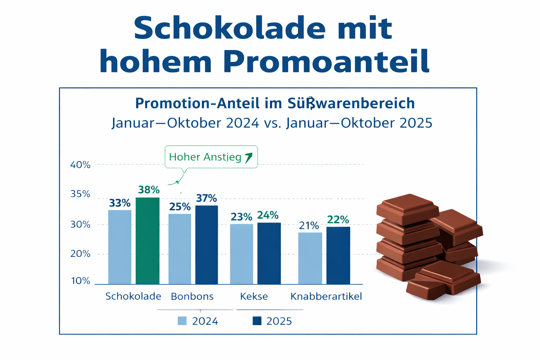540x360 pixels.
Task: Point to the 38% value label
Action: (x=149, y=190)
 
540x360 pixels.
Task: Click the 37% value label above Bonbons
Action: (x=206, y=198)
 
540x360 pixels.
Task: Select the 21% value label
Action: (x=309, y=226)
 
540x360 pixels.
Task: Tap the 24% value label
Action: (x=268, y=215)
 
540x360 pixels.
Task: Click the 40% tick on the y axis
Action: (x=81, y=165)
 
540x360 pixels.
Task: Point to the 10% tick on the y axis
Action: (x=81, y=281)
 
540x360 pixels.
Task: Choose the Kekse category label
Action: (x=254, y=296)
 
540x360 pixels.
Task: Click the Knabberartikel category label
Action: (x=326, y=296)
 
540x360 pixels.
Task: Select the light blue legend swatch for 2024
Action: (x=182, y=321)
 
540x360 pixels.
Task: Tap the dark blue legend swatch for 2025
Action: (x=257, y=321)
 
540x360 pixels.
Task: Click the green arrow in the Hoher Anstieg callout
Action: (x=249, y=157)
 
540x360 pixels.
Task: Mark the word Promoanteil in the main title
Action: (x=326, y=61)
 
